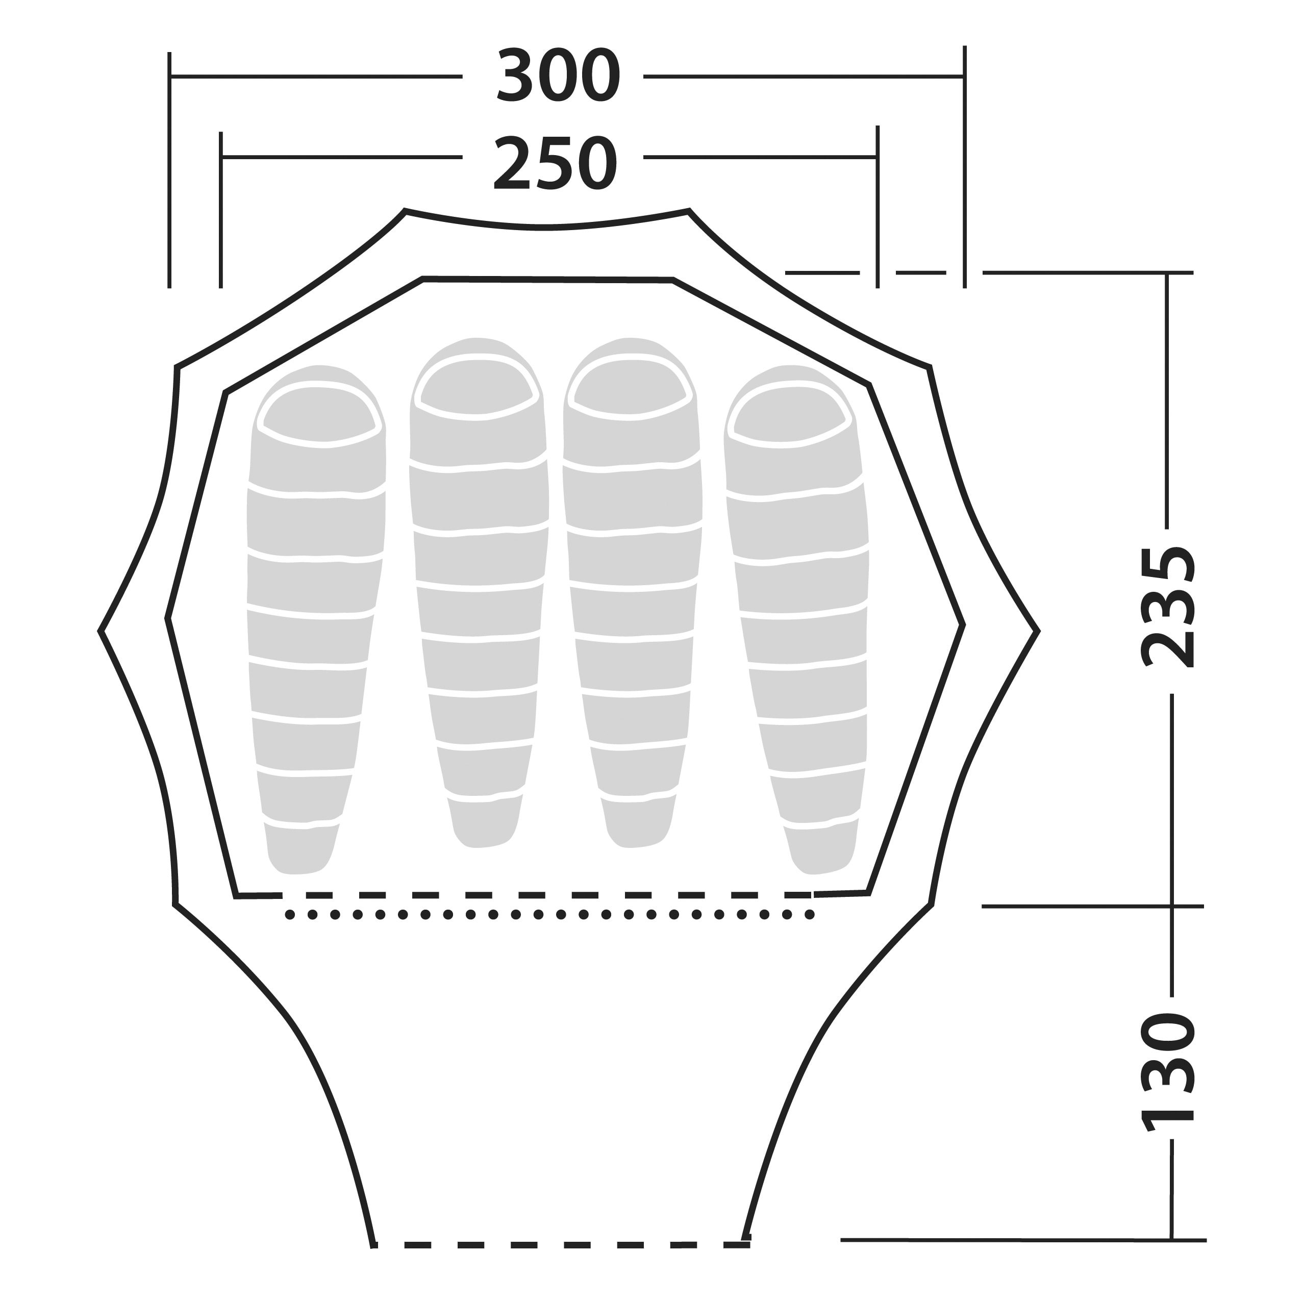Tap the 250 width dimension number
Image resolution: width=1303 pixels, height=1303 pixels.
(555, 163)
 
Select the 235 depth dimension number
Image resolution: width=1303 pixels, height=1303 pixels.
(1167, 607)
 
